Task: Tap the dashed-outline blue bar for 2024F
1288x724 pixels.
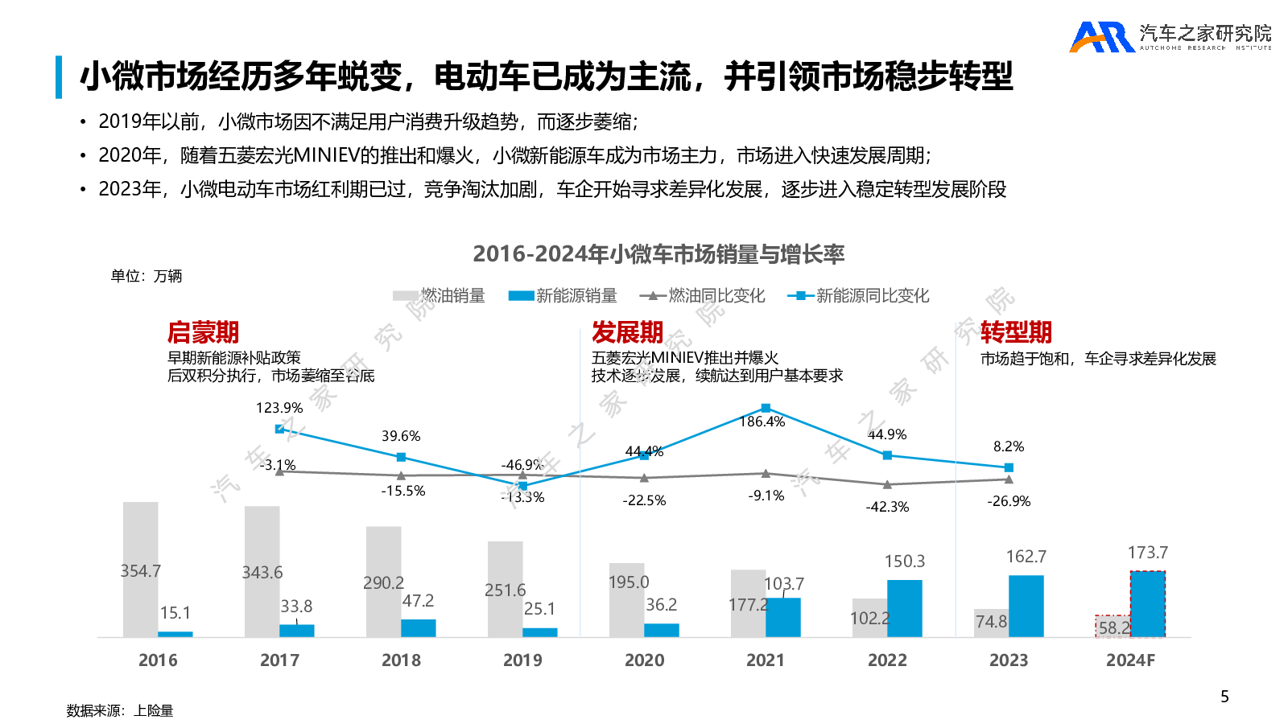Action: click(1147, 603)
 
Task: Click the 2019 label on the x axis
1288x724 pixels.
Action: click(522, 660)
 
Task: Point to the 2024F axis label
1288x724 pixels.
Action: click(1130, 660)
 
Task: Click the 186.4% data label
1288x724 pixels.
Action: click(762, 422)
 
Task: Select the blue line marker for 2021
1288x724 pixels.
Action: click(766, 408)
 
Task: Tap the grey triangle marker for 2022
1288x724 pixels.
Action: click(887, 484)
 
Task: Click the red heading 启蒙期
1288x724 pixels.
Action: click(203, 332)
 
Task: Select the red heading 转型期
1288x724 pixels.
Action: click(1016, 332)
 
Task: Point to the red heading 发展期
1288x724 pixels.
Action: click(627, 332)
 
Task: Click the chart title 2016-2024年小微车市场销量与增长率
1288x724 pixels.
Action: click(658, 254)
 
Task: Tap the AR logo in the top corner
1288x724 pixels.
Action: click(1101, 37)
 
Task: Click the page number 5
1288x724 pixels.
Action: click(1224, 697)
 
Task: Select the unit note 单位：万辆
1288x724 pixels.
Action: click(147, 276)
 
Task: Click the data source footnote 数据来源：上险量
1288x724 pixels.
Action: click(120, 710)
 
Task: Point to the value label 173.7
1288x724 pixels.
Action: click(1147, 553)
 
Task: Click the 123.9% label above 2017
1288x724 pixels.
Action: click(279, 408)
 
